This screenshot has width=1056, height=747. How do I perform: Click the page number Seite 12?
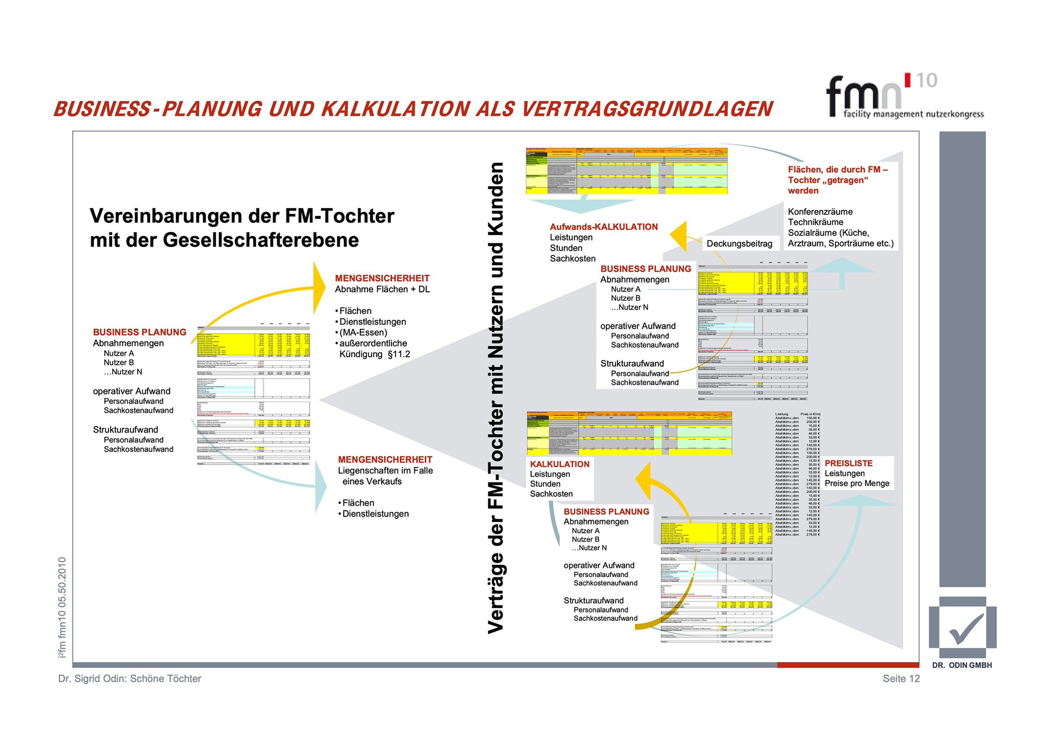tap(901, 678)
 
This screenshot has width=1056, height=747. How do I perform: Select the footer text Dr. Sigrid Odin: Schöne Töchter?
tap(130, 678)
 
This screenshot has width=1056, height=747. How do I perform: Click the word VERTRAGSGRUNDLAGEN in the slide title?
tap(647, 109)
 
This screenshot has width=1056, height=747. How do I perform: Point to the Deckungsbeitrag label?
tap(739, 243)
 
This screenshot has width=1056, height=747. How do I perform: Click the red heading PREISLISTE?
tap(848, 463)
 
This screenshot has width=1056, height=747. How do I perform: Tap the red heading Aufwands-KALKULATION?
tap(603, 226)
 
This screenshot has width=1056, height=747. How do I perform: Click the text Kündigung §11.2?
tap(375, 354)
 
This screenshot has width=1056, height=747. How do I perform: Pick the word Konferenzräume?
tap(820, 211)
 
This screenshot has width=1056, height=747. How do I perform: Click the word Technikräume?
tap(815, 222)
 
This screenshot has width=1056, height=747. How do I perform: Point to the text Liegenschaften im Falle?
tap(385, 470)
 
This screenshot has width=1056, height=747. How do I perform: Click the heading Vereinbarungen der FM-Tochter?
tap(242, 216)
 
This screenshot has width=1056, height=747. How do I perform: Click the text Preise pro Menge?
tap(857, 483)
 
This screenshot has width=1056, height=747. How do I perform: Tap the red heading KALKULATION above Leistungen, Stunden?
tap(559, 464)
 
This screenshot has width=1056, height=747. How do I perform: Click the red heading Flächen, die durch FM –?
tap(838, 170)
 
